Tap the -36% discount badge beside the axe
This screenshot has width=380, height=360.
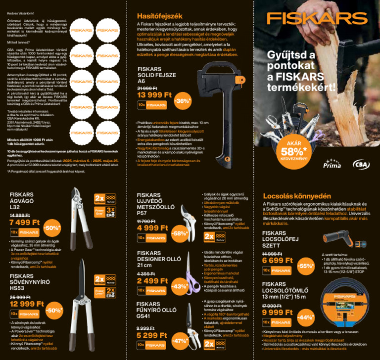(182, 101)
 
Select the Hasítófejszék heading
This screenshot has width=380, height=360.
(157, 16)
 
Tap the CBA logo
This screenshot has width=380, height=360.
(360, 164)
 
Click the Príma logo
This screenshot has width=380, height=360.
(332, 164)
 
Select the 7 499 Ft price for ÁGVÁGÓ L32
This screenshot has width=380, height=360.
(25, 222)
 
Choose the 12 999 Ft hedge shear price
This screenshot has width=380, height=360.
(27, 304)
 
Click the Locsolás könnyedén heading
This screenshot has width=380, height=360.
(289, 195)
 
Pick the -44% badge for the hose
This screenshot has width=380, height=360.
(307, 317)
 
